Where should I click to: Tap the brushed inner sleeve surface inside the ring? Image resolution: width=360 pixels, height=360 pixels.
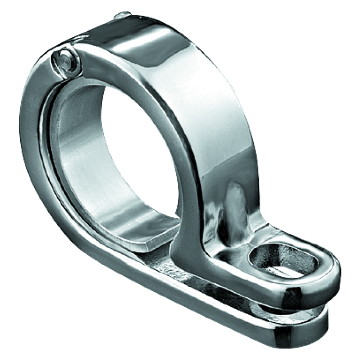[80, 169]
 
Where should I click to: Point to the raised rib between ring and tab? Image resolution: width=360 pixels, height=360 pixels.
[231, 208]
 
